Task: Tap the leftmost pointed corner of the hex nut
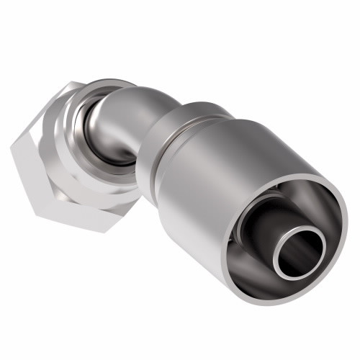(13, 148)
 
